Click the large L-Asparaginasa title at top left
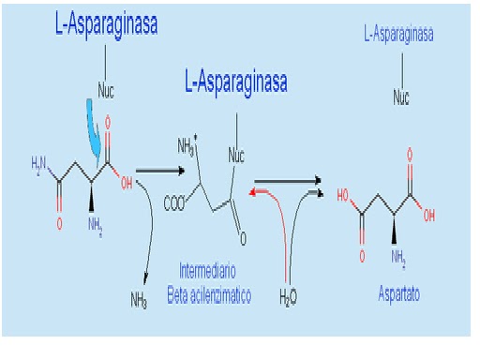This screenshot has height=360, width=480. [x=105, y=26]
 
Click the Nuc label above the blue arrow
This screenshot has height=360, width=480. [x=108, y=92]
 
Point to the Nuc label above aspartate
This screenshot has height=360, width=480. [x=401, y=97]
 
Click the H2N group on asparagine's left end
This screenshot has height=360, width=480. [x=39, y=167]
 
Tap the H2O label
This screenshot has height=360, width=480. [x=290, y=299]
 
